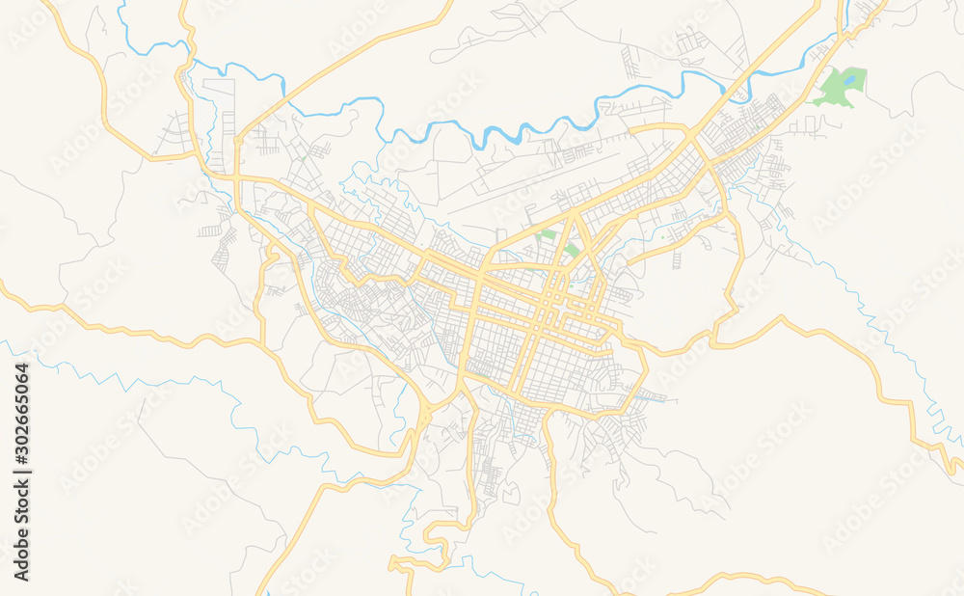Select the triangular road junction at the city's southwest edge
click(425, 416)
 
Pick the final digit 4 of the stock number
click(22, 367)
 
